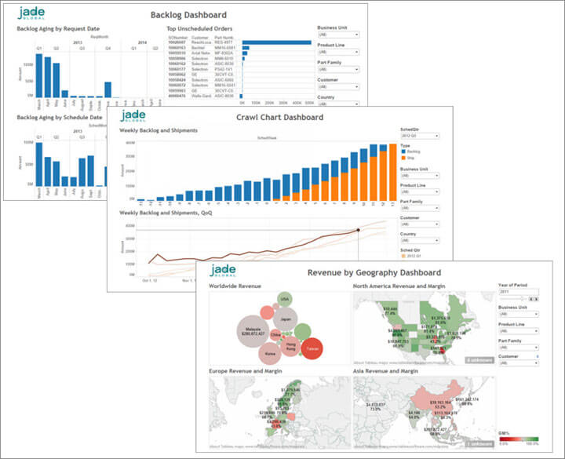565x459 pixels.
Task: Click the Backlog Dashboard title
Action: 188,15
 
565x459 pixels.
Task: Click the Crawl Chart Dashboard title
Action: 279,118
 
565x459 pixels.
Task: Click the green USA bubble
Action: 285,300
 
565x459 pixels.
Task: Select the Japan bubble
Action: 286,320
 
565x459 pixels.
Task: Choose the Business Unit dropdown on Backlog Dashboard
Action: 338,35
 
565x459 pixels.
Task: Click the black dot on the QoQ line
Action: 358,230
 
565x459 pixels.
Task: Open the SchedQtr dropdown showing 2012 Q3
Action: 419,136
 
